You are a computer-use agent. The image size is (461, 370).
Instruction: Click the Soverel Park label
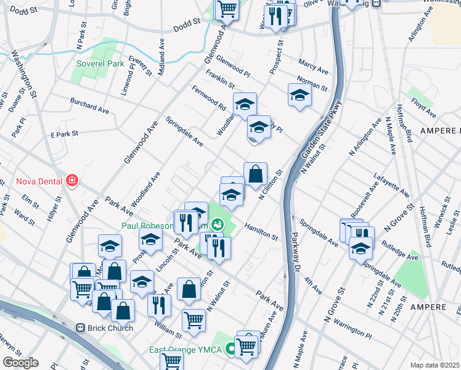(100, 64)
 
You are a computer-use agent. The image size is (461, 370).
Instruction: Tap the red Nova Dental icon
(72, 181)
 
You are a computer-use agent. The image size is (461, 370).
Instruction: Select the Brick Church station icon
(80, 328)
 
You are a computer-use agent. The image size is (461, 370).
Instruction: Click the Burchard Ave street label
(89, 105)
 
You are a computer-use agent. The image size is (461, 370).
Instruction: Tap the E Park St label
(65, 134)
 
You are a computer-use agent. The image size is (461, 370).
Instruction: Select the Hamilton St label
(261, 231)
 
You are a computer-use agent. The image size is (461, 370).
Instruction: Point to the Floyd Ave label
(424, 105)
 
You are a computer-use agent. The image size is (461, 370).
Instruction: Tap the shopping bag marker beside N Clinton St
(255, 175)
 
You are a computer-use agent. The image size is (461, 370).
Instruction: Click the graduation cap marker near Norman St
(300, 96)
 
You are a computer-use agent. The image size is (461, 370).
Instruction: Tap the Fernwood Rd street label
(208, 99)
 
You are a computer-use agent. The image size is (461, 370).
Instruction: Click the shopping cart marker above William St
(194, 321)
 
